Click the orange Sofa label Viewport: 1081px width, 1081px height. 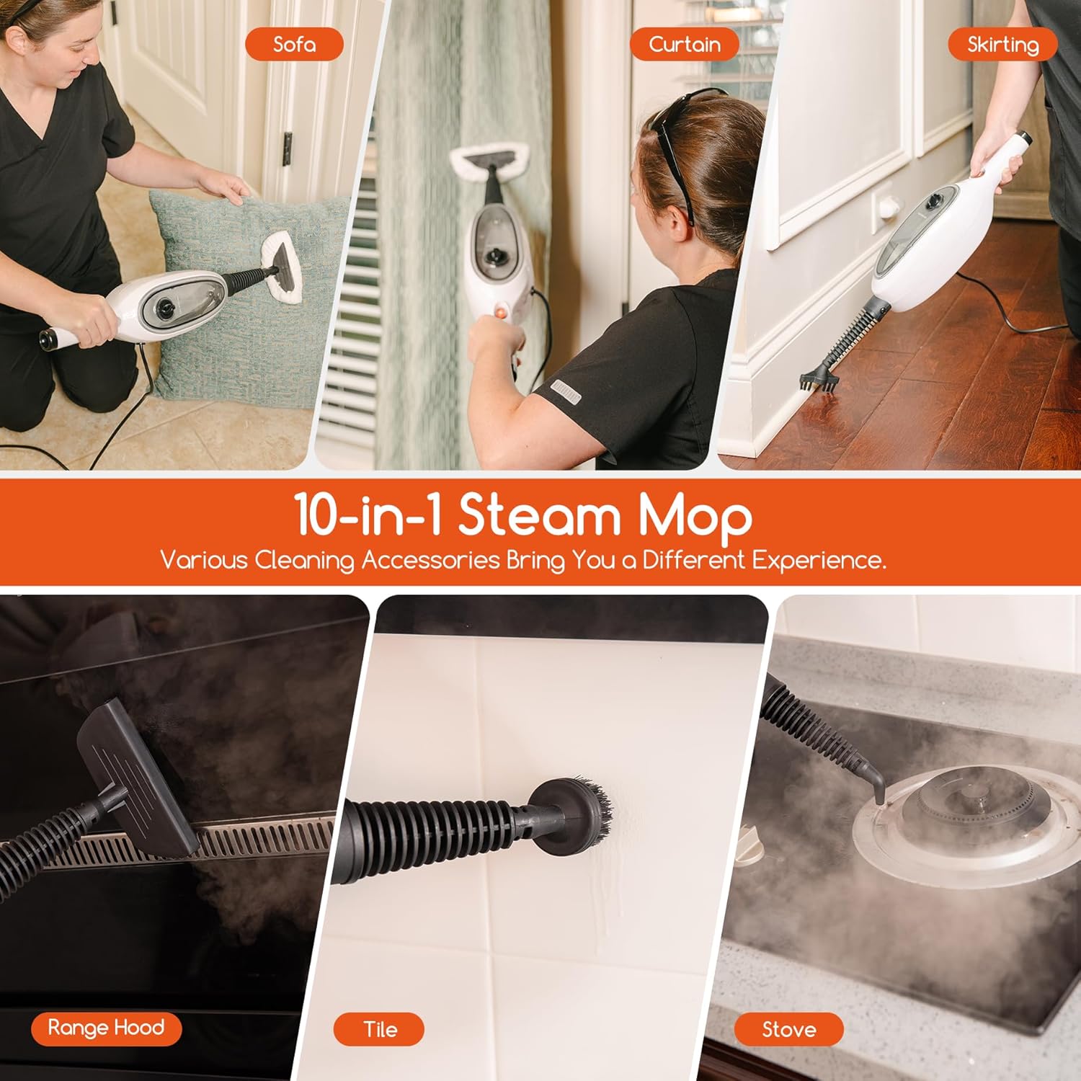pyautogui.click(x=294, y=45)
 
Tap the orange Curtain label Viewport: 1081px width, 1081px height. pyautogui.click(x=684, y=45)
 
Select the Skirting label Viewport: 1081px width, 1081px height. pyautogui.click(x=1002, y=45)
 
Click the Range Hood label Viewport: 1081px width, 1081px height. pyautogui.click(x=106, y=1028)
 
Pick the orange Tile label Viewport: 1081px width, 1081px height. pyautogui.click(x=379, y=1029)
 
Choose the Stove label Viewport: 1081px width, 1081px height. pyautogui.click(x=788, y=1029)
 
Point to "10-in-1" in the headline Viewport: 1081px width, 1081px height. pyautogui.click(x=368, y=516)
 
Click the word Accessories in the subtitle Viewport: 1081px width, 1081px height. pyautogui.click(x=430, y=560)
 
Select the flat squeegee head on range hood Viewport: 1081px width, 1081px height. pyautogui.click(x=137, y=778)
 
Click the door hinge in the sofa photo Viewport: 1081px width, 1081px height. pyautogui.click(x=287, y=149)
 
